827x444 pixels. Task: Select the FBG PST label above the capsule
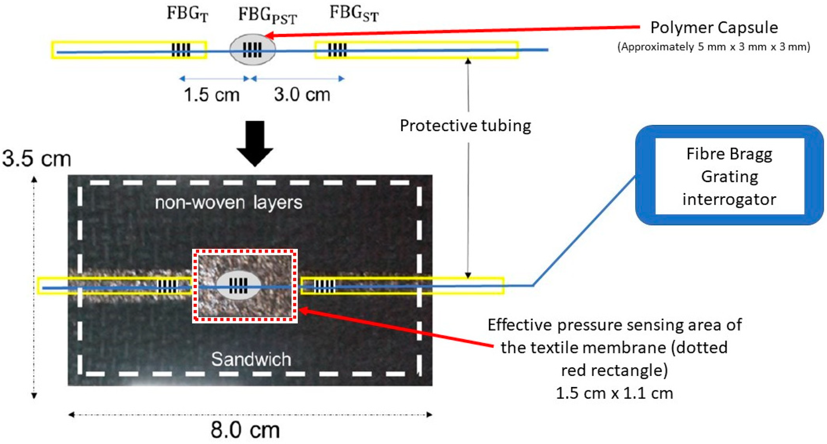coord(267,15)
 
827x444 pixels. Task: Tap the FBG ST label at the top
coord(354,14)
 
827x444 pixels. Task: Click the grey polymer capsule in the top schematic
coord(252,50)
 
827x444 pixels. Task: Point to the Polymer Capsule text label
coord(714,28)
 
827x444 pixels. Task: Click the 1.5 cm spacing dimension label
coord(211,95)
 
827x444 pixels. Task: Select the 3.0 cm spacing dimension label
coord(302,95)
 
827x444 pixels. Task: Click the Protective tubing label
coord(465,126)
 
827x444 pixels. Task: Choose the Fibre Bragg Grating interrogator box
coord(730,176)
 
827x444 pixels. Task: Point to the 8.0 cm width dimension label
coord(245,430)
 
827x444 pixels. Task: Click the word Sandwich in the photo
coord(251,359)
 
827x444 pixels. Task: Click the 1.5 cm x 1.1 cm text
coord(614,393)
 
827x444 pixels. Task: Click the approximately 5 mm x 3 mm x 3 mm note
coord(714,47)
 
